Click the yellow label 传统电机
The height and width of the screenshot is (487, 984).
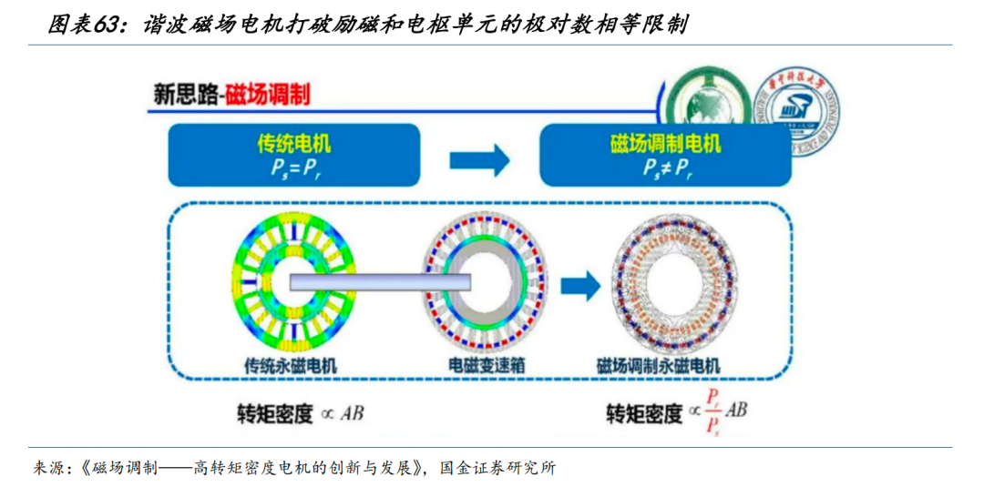[x=293, y=144]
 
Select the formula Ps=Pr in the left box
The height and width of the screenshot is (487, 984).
[x=293, y=167]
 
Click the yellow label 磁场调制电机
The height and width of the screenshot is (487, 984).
[x=665, y=144]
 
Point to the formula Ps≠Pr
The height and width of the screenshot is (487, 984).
[x=665, y=167]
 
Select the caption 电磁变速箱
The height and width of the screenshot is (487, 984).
[x=483, y=366]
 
